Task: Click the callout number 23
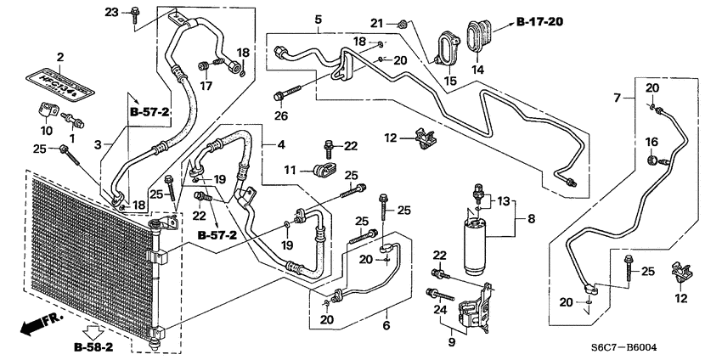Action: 112,11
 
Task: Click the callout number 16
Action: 651,141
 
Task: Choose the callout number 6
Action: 386,325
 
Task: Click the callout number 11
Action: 290,171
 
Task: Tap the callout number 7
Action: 618,99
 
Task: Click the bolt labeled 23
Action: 135,12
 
